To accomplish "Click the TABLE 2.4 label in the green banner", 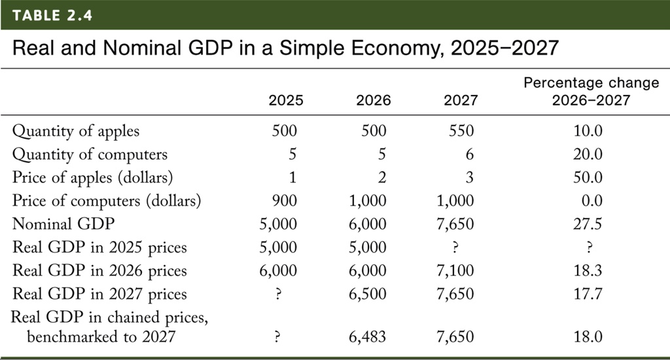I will pyautogui.click(x=51, y=15).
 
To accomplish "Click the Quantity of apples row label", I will pyautogui.click(x=76, y=131).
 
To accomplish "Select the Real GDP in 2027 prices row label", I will pyautogui.click(x=99, y=294).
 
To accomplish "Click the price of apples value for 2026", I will pyautogui.click(x=382, y=177).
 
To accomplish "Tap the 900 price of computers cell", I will pyautogui.click(x=285, y=201).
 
